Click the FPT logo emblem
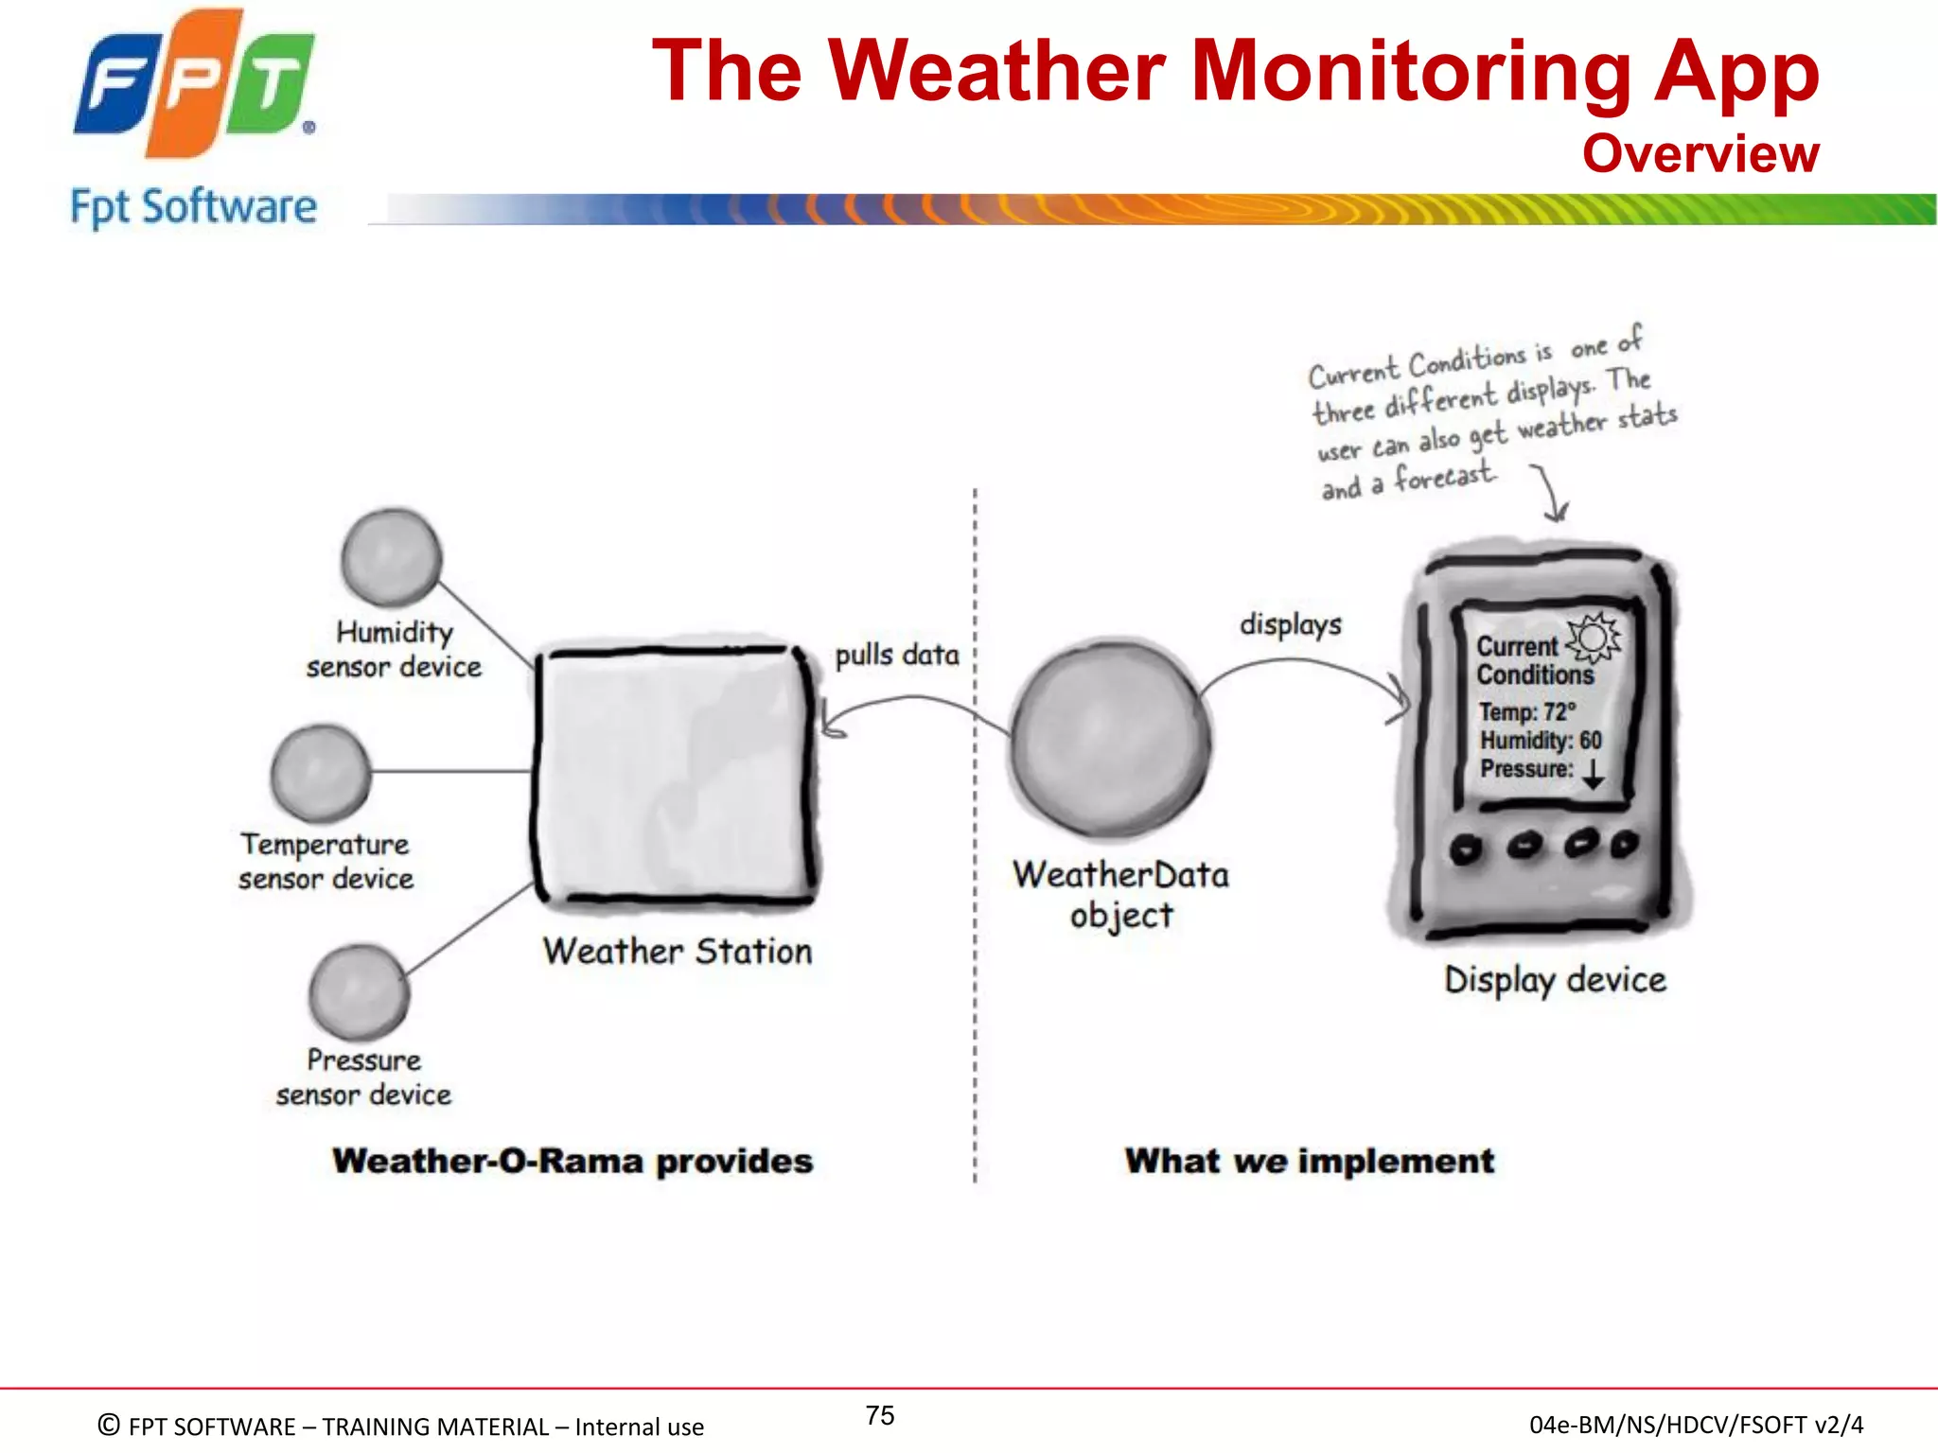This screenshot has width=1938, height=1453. (194, 82)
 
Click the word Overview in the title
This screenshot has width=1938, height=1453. (1700, 153)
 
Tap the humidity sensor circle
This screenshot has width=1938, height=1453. (391, 558)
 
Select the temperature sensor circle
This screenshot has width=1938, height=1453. (321, 773)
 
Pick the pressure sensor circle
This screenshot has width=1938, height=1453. (359, 991)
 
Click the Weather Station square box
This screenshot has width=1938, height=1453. (676, 774)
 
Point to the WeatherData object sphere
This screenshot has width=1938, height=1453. (1109, 740)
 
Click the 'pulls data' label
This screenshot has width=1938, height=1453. (896, 655)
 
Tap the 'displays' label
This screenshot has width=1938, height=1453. (1290, 624)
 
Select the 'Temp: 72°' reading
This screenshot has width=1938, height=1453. (1527, 711)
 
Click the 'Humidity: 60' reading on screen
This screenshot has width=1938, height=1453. (1541, 740)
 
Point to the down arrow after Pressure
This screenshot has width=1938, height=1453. (1594, 772)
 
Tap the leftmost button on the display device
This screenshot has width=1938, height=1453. (1466, 848)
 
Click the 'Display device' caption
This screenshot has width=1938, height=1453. (1555, 980)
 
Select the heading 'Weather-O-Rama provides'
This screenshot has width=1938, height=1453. (573, 1161)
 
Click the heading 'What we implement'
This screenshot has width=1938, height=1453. (1309, 1161)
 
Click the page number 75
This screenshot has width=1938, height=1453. (879, 1415)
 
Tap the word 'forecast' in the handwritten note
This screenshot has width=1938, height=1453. (1445, 477)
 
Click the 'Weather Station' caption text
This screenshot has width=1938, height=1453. (678, 951)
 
